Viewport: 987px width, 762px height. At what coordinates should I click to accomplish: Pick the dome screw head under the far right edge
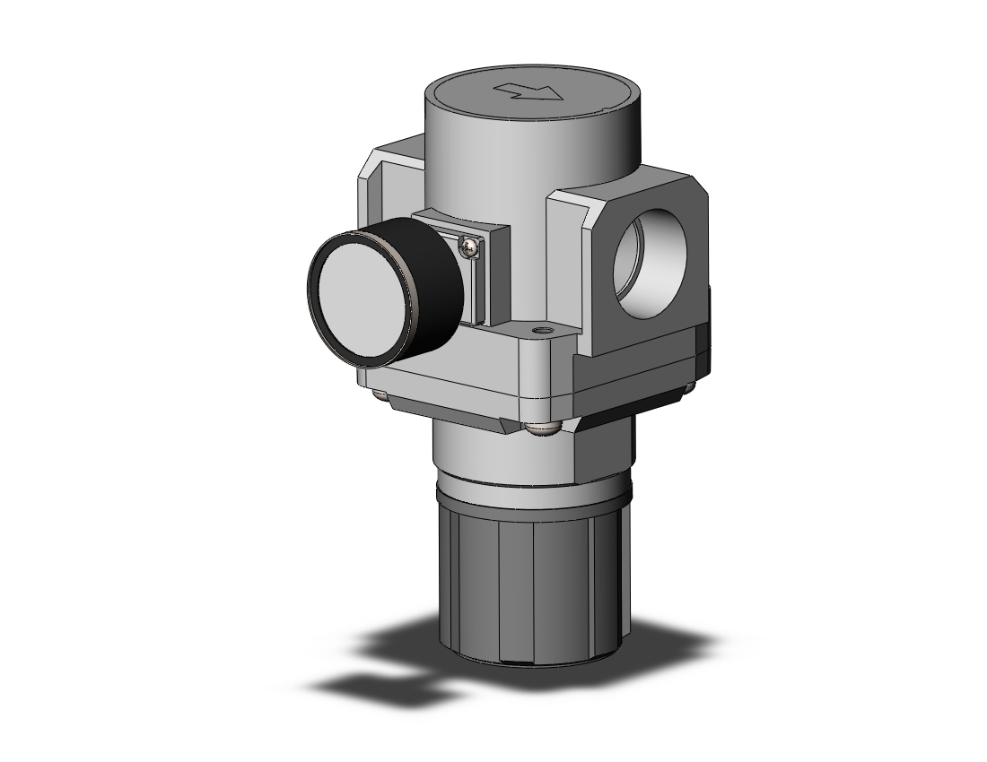coord(689,387)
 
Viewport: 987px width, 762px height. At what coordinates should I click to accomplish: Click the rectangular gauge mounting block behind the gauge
coord(489,269)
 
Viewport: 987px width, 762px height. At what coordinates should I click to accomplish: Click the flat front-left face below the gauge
coord(449,377)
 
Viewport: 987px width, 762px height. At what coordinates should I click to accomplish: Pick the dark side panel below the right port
coord(637,368)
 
